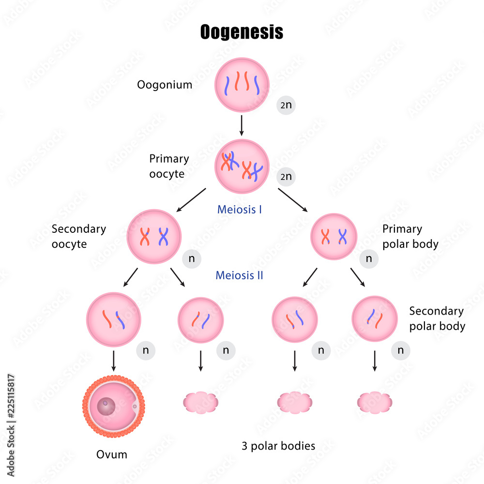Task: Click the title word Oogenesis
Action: click(x=242, y=32)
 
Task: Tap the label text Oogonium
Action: click(x=165, y=85)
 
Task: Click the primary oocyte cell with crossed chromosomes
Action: click(x=242, y=166)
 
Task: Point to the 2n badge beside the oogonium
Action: click(x=286, y=105)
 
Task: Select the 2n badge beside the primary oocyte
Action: click(x=286, y=177)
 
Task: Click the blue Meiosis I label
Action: click(x=240, y=210)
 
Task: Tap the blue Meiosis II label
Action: click(x=240, y=275)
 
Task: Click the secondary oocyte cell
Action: click(x=154, y=237)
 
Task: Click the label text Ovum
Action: click(x=112, y=454)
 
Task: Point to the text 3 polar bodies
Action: click(x=278, y=446)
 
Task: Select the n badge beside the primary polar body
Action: click(x=369, y=259)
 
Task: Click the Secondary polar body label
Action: click(x=437, y=318)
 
